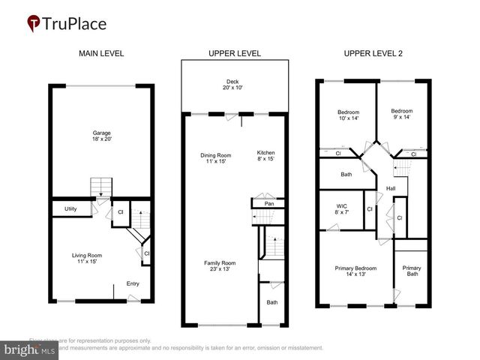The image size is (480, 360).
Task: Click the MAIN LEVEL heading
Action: (x=101, y=53)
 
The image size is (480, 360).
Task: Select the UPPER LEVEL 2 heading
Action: (x=373, y=53)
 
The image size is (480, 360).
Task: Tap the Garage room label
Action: (x=101, y=136)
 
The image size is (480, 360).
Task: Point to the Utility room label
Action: (x=70, y=208)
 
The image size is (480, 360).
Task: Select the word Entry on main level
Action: (x=133, y=283)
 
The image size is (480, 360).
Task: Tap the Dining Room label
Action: (x=215, y=159)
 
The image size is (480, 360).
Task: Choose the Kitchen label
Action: (x=266, y=156)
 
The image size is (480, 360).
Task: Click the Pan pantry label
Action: (x=268, y=203)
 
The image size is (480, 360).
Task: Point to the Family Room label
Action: (x=220, y=266)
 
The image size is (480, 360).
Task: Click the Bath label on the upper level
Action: (x=272, y=302)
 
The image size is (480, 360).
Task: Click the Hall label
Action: (x=391, y=187)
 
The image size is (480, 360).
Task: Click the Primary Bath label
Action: (x=412, y=271)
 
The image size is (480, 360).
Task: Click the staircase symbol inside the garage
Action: (x=100, y=187)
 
